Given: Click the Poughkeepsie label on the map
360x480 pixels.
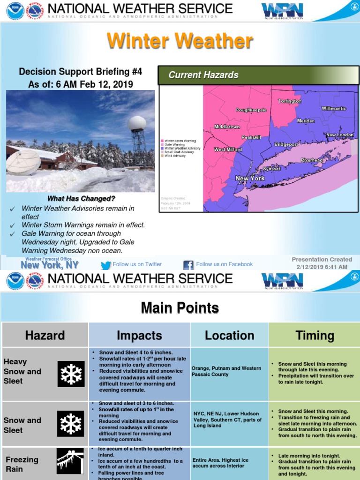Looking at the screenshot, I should click(251, 110).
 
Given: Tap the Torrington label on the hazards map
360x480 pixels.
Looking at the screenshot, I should click(289, 101).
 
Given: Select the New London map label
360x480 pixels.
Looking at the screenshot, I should click(339, 135).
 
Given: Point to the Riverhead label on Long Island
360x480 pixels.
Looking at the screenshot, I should click(312, 160).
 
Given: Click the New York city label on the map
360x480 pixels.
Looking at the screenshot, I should click(250, 179).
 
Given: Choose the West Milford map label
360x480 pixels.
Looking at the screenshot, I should click(228, 150).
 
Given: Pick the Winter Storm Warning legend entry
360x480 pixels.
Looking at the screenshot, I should click(180, 141).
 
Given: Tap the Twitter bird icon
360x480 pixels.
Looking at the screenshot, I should click(106, 265).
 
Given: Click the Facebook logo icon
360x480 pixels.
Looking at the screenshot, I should click(188, 265).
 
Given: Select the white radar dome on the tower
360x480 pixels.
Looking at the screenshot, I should click(137, 123).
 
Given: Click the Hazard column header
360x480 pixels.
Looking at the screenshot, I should click(45, 335).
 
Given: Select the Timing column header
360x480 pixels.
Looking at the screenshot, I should click(315, 335).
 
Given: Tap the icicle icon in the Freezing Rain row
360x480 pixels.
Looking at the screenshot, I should click(70, 461).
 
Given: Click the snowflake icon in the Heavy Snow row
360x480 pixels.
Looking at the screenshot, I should click(71, 374).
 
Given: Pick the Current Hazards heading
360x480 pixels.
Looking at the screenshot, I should click(203, 75).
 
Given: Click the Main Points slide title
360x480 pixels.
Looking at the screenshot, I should click(180, 308).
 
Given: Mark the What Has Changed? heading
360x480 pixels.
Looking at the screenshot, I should click(81, 199).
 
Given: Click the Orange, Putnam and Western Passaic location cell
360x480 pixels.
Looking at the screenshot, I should click(229, 371).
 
